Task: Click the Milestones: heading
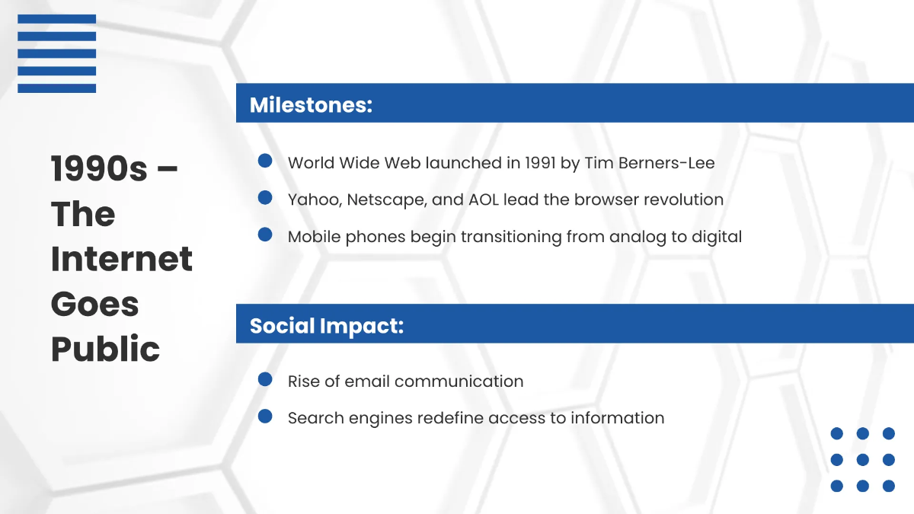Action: [311, 104]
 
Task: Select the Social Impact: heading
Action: [326, 325]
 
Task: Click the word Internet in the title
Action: [122, 258]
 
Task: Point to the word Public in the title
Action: [105, 349]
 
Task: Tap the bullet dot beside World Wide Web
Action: [265, 161]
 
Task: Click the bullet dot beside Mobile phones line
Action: [265, 235]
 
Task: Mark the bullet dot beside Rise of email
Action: [265, 379]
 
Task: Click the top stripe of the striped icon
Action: [56, 18]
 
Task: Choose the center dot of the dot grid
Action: [863, 460]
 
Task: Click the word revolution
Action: [683, 200]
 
